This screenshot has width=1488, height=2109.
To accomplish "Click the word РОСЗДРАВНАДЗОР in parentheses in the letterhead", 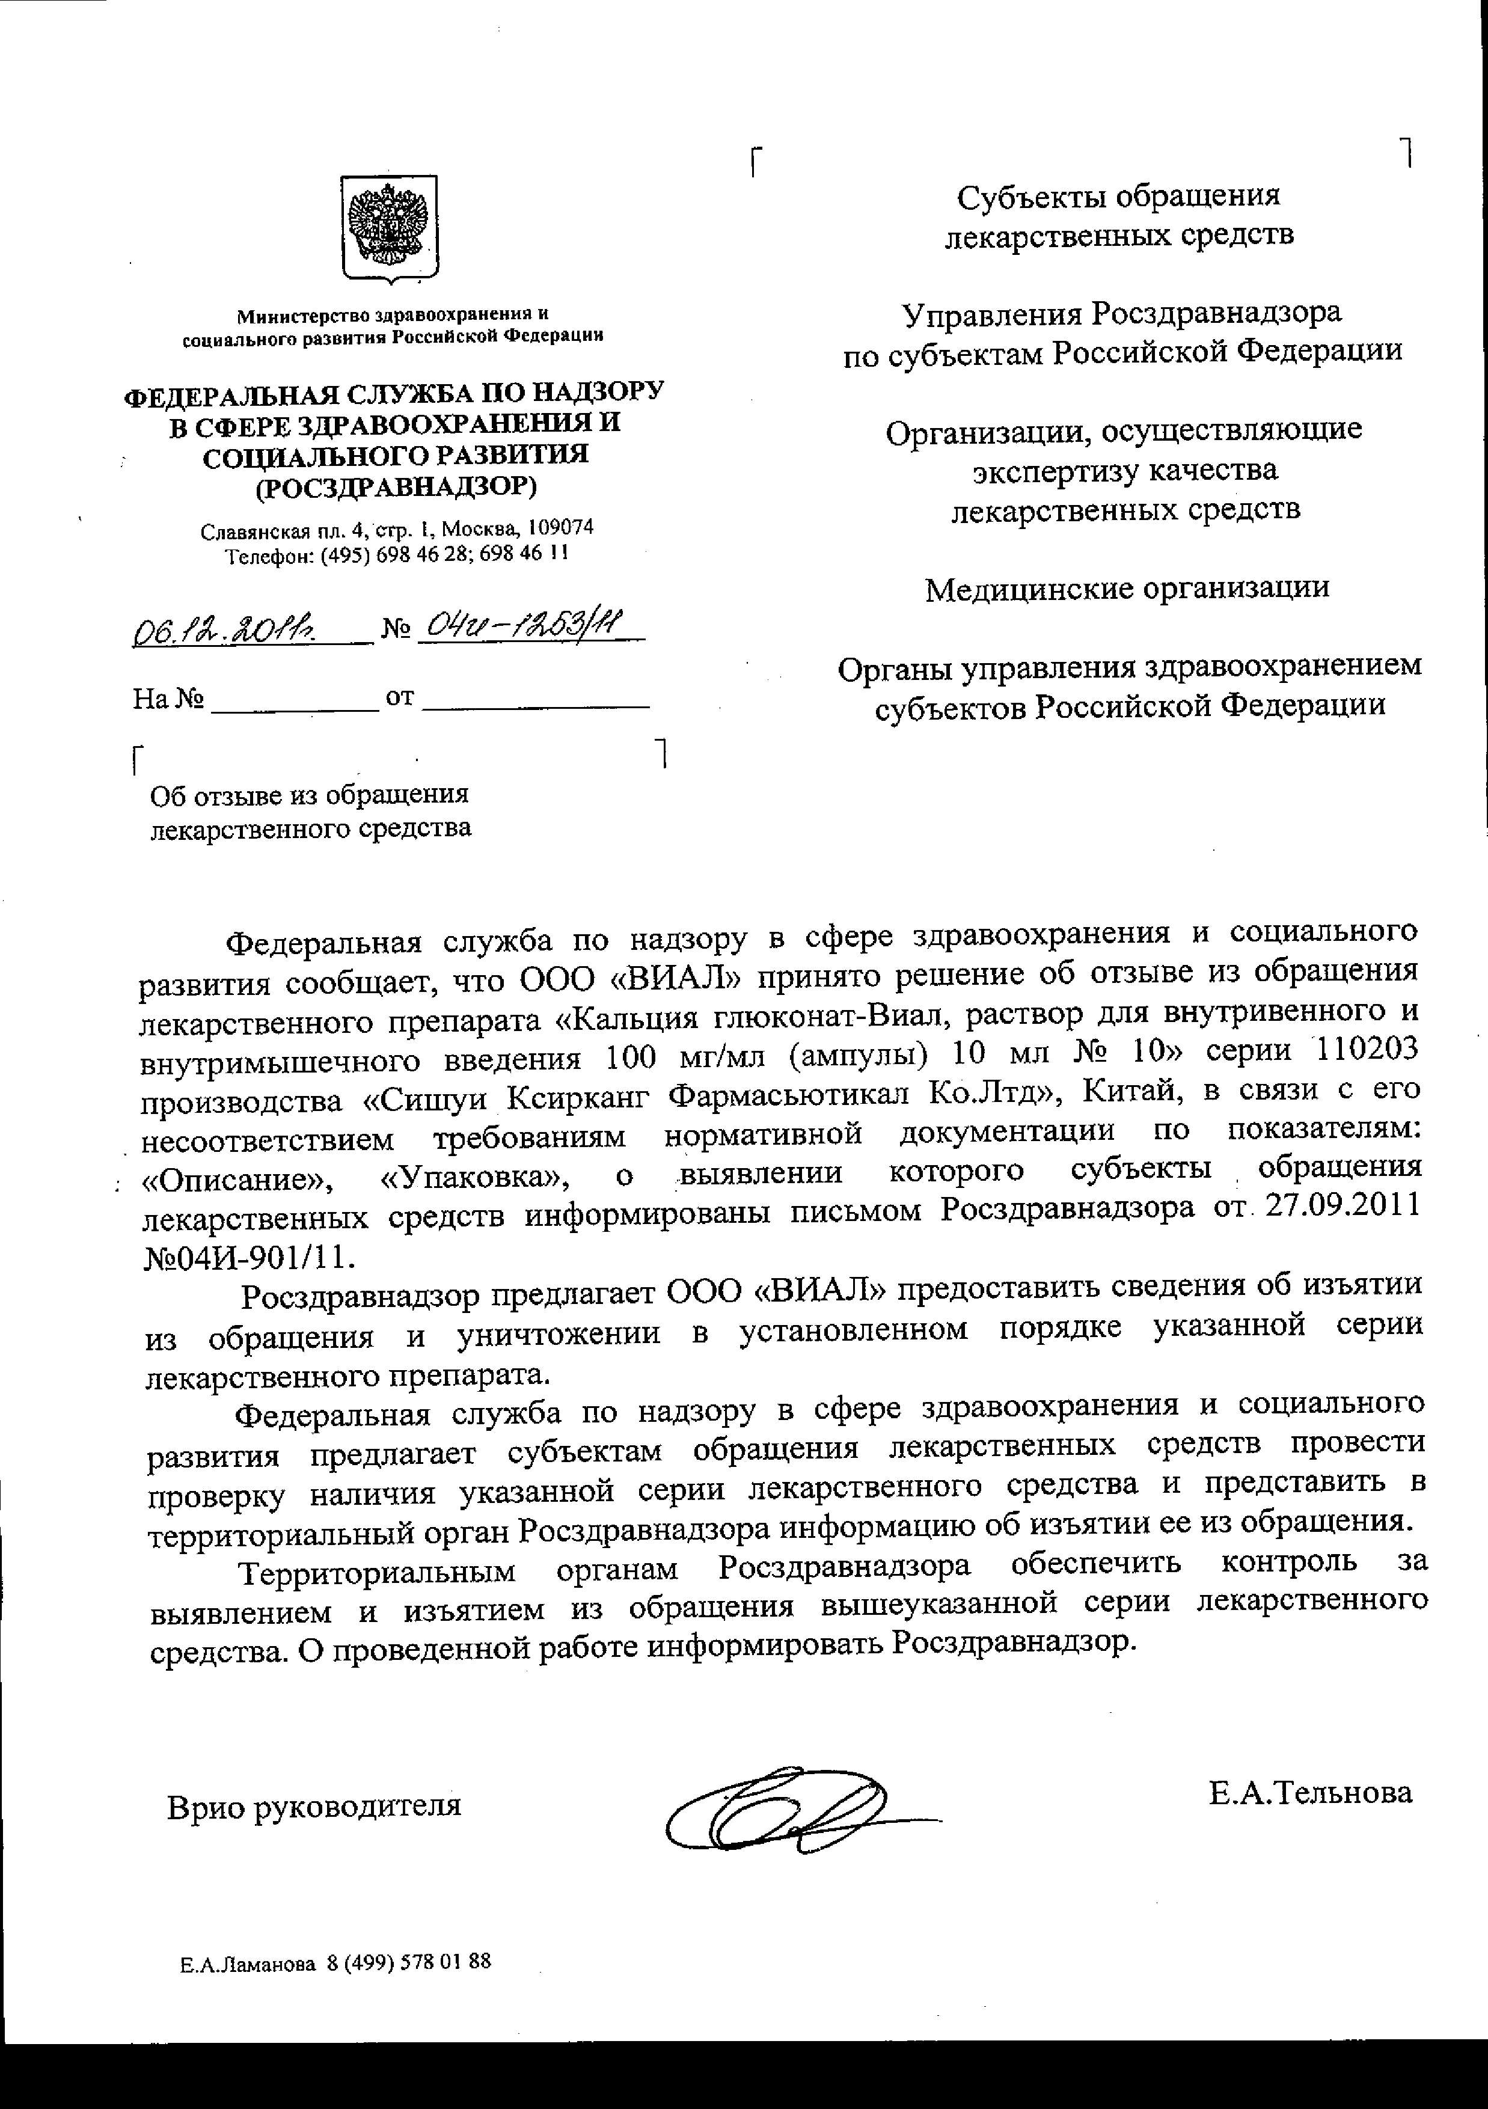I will click(x=396, y=486).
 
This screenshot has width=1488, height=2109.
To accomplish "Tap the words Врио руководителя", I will click(x=314, y=1806).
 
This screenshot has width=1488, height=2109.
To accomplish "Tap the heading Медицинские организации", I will click(x=1127, y=588).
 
